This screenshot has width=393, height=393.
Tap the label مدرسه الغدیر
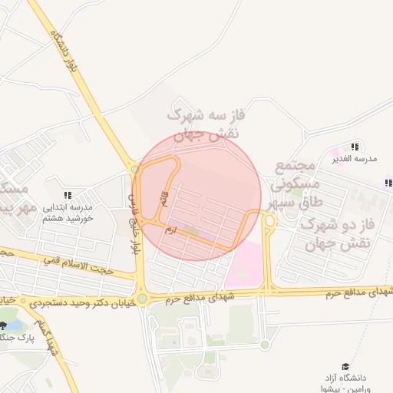click(355, 158)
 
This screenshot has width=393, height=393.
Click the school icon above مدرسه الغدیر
click(354, 146)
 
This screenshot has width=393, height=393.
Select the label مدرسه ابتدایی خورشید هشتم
click(67, 213)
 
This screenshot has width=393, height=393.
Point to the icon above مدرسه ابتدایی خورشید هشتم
click(68, 195)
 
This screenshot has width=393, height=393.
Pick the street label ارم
click(171, 228)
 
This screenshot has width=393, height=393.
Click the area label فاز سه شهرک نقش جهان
click(204, 124)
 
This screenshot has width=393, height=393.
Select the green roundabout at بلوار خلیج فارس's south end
click(142, 299)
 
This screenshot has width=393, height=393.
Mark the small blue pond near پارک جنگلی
click(13, 325)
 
